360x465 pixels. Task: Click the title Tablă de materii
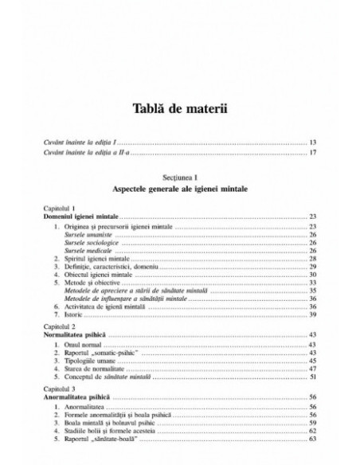(179, 110)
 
